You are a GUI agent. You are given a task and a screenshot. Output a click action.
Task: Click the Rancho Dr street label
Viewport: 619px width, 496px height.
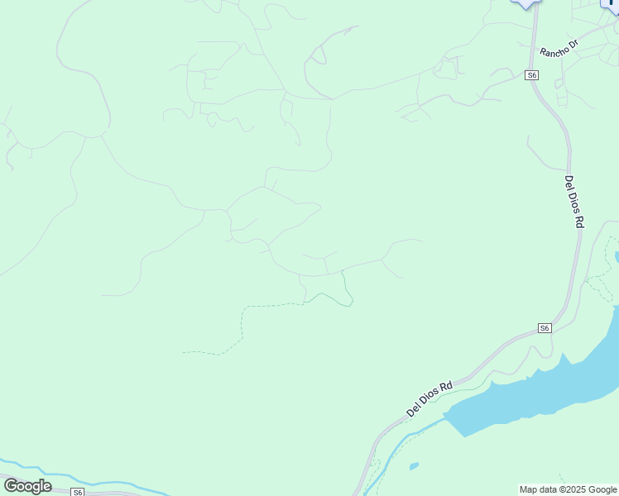point(559,49)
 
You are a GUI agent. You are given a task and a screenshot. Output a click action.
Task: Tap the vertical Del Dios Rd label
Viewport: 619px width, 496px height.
point(574,201)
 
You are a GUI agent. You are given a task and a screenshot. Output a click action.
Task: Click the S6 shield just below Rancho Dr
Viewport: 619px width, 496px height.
point(532,75)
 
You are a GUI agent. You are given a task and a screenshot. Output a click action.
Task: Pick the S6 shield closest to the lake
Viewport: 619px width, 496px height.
point(544,328)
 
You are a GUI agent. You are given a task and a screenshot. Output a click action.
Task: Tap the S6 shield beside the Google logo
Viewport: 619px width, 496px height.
point(77,492)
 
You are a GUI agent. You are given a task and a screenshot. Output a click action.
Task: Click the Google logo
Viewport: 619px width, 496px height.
point(27,486)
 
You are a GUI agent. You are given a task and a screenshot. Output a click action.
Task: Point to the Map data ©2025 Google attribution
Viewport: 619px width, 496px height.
point(568,490)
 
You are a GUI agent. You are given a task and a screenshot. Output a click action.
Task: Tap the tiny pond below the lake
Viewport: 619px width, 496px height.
point(414,466)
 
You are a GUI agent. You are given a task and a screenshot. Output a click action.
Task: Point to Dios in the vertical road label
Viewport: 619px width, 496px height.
point(574,203)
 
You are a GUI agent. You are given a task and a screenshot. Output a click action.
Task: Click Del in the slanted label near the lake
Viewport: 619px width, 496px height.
point(414,408)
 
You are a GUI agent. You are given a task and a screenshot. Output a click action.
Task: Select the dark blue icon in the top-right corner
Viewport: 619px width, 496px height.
point(612,5)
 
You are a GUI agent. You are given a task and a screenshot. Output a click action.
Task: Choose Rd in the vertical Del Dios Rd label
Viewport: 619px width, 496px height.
point(579,221)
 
